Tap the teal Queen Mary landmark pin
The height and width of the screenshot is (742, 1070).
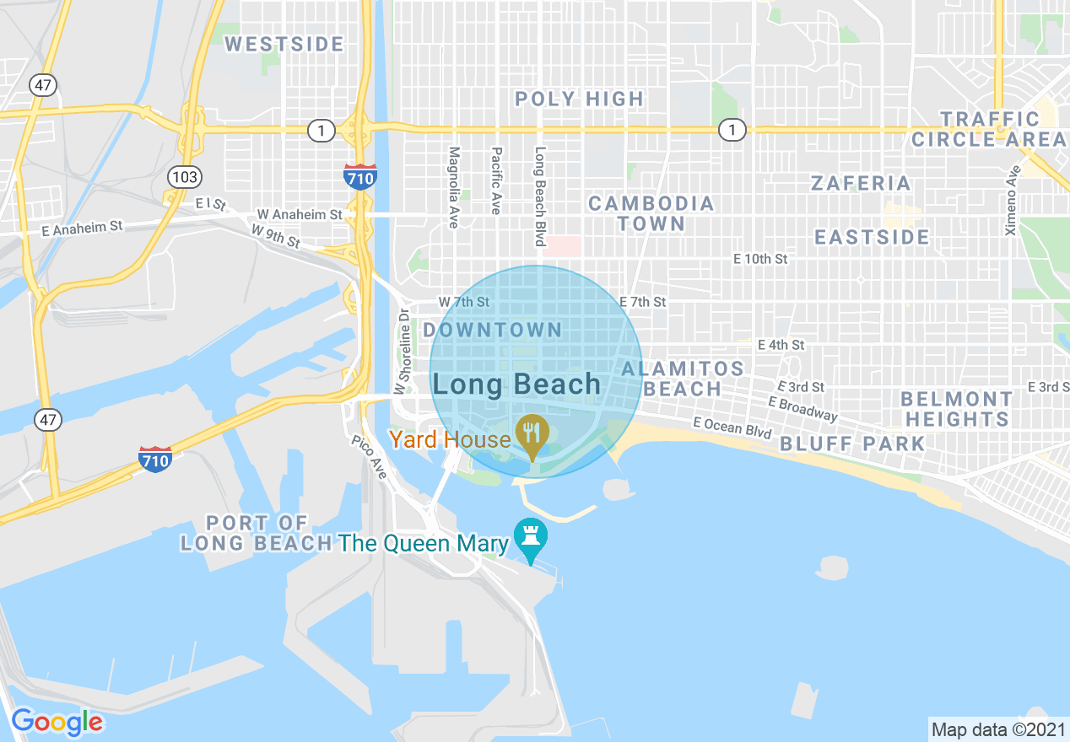[530, 538]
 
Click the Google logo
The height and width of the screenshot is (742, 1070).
[57, 722]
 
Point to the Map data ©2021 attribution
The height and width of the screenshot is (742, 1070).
[997, 729]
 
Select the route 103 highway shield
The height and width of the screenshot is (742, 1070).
[183, 176]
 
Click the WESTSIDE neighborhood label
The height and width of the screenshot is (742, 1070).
[284, 44]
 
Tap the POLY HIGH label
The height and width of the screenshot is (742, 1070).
[580, 99]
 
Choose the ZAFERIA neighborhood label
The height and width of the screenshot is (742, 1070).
[861, 183]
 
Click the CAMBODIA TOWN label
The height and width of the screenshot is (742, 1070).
[651, 213]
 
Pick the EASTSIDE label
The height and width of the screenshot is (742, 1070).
[872, 237]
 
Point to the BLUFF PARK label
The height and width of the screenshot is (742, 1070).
[852, 444]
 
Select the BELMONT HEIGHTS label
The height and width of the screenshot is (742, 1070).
[956, 408]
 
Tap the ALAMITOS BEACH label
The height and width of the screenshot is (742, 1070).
[683, 379]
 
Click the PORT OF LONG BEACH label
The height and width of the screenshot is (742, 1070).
[257, 533]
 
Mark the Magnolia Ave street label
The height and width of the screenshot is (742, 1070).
[453, 187]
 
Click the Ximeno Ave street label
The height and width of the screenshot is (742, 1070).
[1012, 200]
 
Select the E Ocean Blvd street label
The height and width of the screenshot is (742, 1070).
[732, 427]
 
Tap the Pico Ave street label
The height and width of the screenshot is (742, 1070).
[370, 458]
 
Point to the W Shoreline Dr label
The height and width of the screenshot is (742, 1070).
[404, 346]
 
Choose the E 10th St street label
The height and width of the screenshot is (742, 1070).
[760, 259]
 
